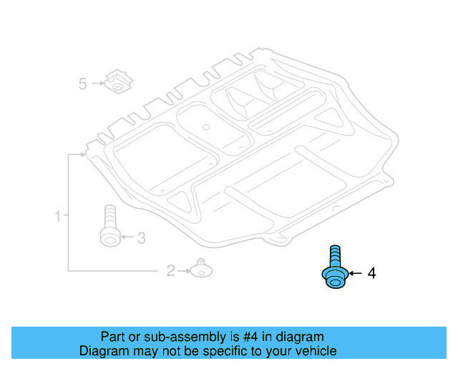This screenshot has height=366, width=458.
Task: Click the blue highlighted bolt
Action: [x=333, y=270]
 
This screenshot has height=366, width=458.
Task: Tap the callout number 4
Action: [x=371, y=273]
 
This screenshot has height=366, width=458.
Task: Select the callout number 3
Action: [x=141, y=237]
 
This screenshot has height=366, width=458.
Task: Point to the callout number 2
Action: [x=170, y=271]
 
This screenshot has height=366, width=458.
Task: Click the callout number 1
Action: [x=57, y=215]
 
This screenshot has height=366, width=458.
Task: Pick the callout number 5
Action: [x=82, y=84]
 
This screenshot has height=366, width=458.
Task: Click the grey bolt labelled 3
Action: [x=109, y=227]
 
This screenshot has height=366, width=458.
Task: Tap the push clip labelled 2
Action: [x=201, y=269]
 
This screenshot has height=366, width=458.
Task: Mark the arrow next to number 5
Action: [x=97, y=84]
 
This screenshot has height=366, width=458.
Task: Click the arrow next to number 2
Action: [x=183, y=271]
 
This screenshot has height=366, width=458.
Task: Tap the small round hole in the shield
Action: [x=205, y=127]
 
